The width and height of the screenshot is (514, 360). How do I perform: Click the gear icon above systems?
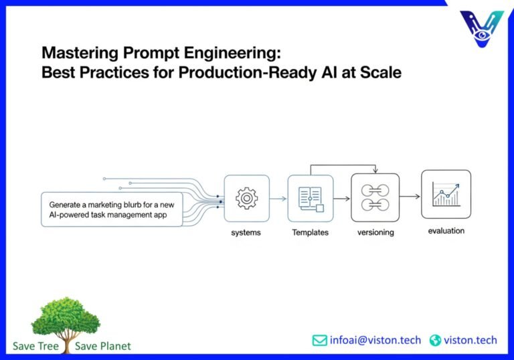246,198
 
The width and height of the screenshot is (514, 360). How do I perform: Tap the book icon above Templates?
310,198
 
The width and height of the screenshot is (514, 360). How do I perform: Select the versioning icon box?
375,197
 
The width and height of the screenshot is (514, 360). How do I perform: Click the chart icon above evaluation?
446,194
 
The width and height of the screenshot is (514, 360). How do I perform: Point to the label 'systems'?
246,232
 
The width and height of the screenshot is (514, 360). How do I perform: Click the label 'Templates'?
310,232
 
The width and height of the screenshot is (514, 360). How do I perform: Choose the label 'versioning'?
375,232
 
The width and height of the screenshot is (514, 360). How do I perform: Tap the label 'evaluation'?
446,231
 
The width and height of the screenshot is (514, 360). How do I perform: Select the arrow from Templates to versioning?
341,198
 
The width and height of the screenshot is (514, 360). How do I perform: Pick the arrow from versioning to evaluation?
410,196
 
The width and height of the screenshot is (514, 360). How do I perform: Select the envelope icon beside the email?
320,340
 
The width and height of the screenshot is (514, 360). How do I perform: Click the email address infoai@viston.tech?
375,340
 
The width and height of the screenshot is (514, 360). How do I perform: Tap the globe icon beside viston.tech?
436,340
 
